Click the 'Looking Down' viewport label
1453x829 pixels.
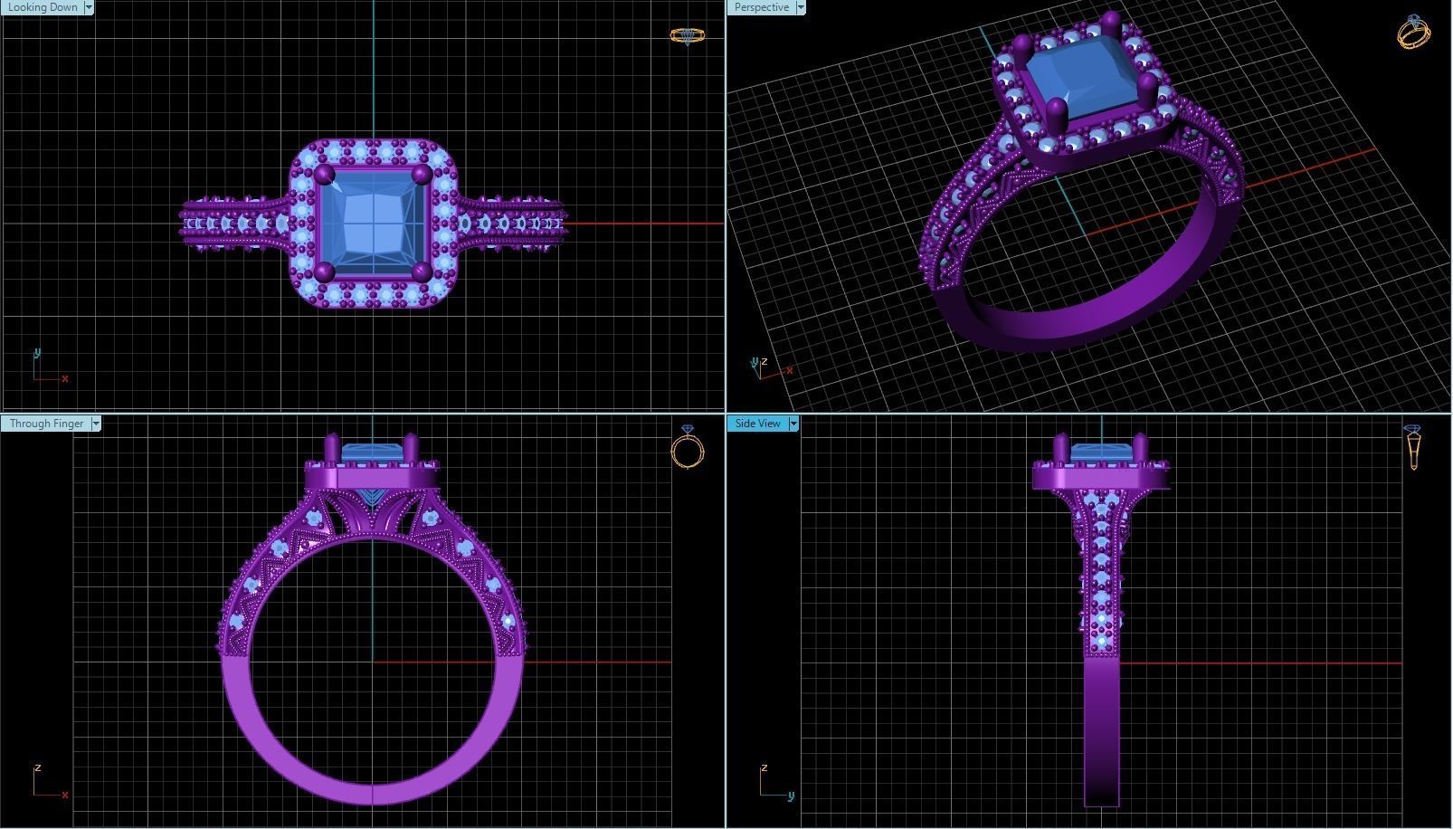click(x=43, y=7)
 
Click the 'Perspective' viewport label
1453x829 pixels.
click(x=761, y=7)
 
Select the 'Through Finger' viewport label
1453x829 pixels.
click(x=46, y=424)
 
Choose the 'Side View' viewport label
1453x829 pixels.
click(x=757, y=424)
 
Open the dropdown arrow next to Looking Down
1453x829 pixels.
click(x=89, y=7)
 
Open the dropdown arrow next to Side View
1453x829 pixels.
click(x=793, y=424)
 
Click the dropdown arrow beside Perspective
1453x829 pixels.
click(x=800, y=7)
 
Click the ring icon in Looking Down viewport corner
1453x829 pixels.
click(x=687, y=36)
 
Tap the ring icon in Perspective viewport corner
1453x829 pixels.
click(x=1413, y=32)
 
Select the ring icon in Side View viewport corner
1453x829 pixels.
click(x=1412, y=446)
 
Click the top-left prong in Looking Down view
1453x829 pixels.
click(x=326, y=175)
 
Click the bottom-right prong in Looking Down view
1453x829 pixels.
click(x=422, y=271)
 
